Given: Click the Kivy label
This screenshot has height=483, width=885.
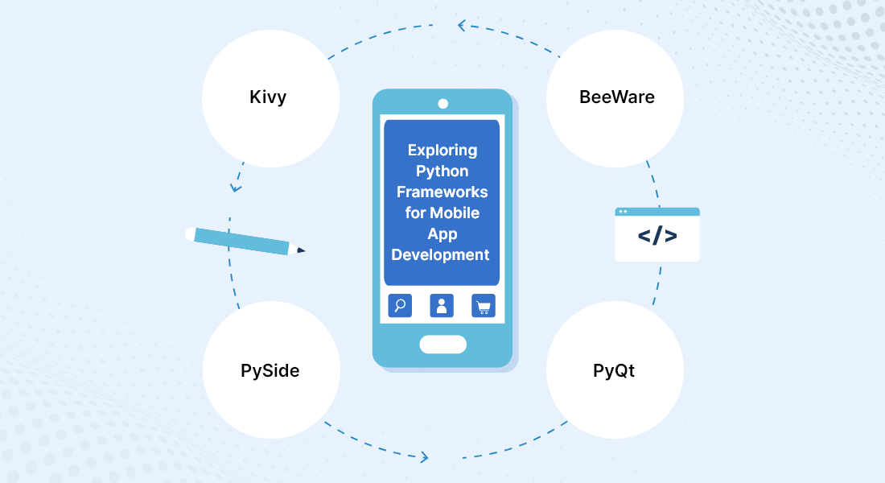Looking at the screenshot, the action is click(268, 97).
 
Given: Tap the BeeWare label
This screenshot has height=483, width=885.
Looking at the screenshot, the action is click(617, 97).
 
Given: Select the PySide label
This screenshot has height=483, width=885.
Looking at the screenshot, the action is click(270, 370).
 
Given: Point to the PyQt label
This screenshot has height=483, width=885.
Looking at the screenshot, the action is click(614, 370).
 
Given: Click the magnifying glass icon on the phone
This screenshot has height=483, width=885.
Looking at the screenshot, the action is click(400, 306).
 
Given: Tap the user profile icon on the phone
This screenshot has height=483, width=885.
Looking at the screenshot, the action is click(442, 306).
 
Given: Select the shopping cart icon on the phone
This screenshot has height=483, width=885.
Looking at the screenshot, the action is click(484, 306).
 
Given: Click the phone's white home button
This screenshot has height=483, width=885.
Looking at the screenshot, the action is click(443, 345).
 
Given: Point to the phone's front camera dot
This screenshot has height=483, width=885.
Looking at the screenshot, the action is click(443, 104).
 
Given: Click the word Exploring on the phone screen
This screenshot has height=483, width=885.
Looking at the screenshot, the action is click(442, 151).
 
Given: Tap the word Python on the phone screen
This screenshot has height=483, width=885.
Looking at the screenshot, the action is click(442, 171).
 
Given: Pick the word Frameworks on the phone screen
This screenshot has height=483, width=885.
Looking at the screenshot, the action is click(442, 192).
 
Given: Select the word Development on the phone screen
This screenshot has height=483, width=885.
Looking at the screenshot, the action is click(440, 254).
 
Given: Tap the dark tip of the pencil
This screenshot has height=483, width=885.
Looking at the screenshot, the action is click(301, 250).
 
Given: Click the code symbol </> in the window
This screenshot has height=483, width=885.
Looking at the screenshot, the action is click(657, 236).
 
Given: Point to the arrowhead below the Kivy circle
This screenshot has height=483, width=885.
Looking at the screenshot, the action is click(236, 188).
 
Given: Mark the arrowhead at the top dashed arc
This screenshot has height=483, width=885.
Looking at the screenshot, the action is click(462, 26).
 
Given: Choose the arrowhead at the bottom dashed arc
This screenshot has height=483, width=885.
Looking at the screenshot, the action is click(424, 457).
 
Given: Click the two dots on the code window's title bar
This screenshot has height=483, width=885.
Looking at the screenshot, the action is click(623, 212).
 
